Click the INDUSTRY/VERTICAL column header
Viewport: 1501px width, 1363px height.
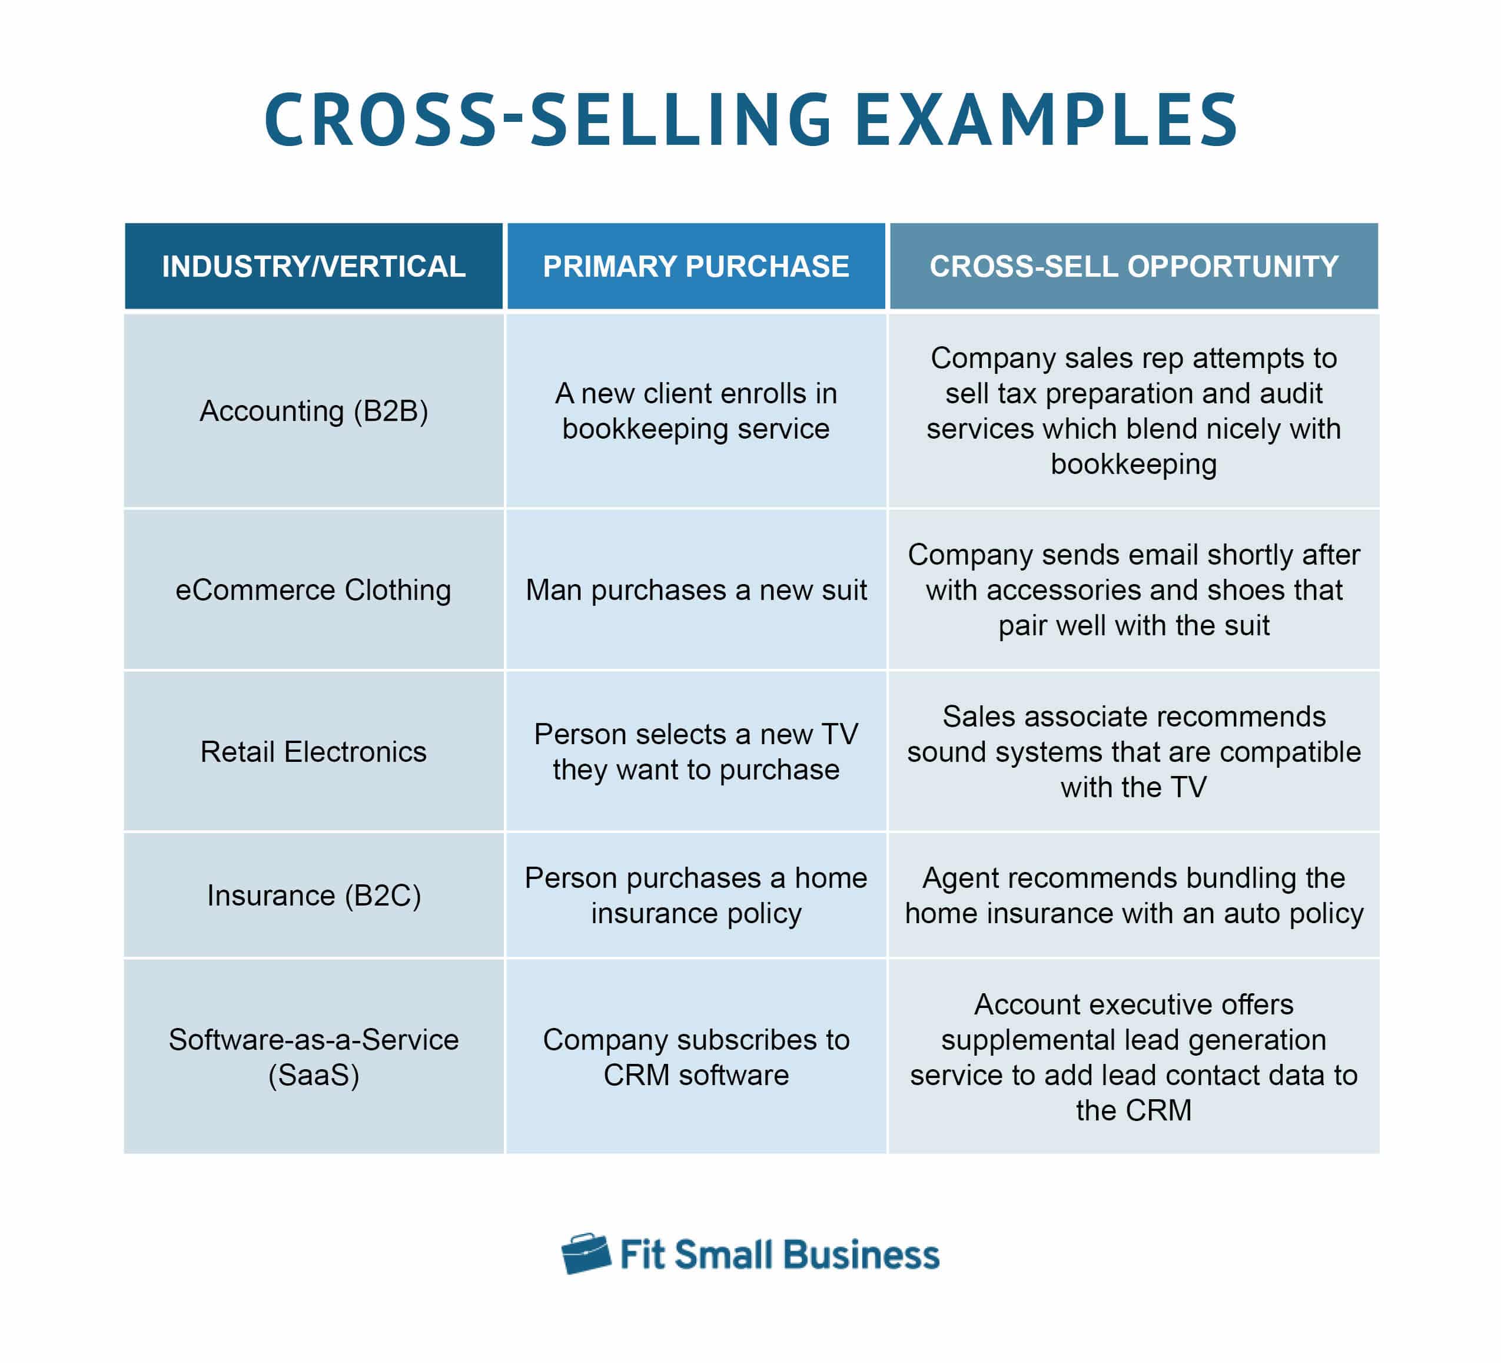point(314,266)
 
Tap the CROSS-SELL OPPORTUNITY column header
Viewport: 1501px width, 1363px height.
point(1133,266)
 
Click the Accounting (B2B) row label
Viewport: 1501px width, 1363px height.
point(314,410)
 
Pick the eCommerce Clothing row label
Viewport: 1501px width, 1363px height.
point(314,589)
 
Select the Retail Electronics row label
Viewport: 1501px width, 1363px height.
point(314,751)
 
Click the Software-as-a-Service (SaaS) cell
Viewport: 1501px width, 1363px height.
point(314,1056)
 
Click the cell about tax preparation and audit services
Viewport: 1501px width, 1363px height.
point(1133,410)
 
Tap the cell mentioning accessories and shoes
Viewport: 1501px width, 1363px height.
point(1133,589)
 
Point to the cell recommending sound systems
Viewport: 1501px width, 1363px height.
point(1133,751)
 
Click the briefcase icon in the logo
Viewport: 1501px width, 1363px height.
point(586,1253)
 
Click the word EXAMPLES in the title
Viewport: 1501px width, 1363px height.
point(1046,119)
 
